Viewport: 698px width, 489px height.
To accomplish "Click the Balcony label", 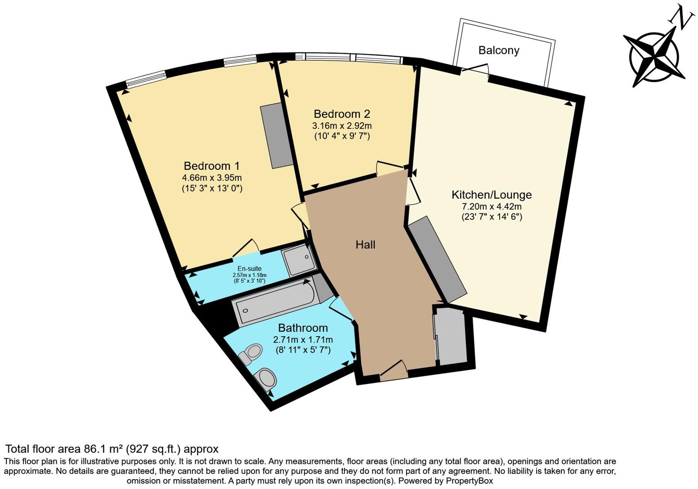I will click(498, 50).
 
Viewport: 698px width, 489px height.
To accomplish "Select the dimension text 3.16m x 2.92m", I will click(342, 125).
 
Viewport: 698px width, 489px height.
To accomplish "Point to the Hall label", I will click(365, 245).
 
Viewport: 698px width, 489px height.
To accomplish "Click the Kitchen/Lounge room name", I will click(492, 195).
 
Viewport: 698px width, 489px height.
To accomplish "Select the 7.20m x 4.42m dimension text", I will click(492, 207).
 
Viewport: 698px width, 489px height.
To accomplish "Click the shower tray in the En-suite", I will click(299, 260).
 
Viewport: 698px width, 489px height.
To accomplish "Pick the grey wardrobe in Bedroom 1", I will click(277, 135).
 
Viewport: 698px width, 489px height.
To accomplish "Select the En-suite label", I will click(249, 269).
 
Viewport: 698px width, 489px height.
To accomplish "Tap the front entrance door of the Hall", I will click(394, 370).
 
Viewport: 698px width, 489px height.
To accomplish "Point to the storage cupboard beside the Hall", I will click(452, 336).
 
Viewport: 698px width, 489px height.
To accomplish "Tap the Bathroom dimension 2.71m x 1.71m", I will click(303, 339).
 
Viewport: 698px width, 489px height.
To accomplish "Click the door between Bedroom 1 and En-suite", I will click(246, 249).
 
